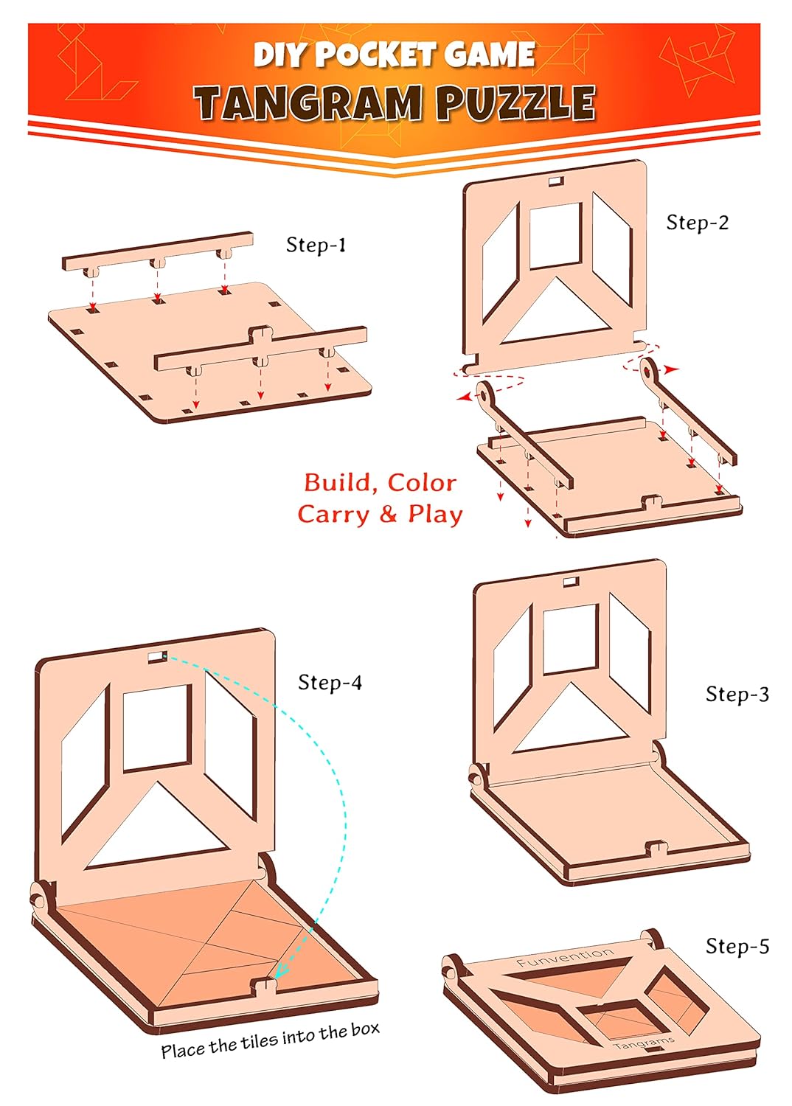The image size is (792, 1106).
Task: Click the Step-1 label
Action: (316, 245)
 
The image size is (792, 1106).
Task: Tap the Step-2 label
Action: (697, 222)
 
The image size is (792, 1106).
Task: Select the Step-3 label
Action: (737, 695)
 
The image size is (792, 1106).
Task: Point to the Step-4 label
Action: (330, 682)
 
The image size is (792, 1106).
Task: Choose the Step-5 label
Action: (737, 946)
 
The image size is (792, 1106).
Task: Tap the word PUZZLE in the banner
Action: (516, 102)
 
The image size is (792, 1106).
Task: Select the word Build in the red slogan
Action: (336, 482)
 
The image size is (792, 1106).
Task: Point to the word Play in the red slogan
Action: (435, 514)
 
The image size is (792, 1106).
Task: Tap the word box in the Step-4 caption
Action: (365, 1029)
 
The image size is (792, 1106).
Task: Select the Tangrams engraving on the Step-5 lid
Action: (643, 1043)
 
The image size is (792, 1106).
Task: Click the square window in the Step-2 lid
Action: (555, 236)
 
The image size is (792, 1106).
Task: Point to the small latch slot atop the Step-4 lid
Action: (158, 657)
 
